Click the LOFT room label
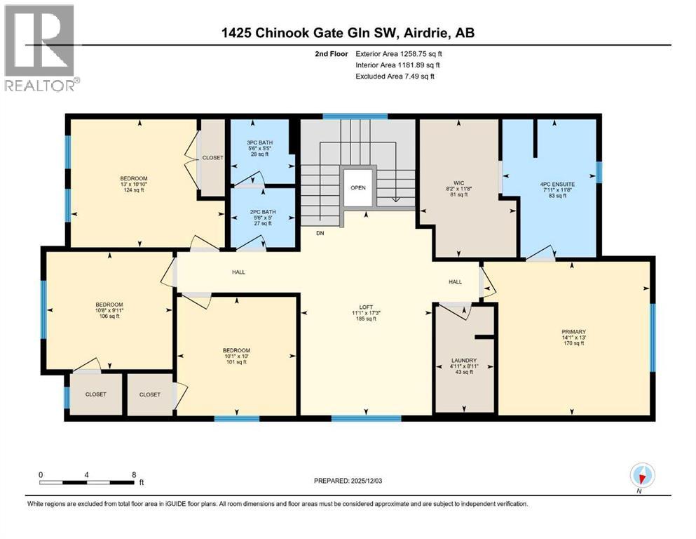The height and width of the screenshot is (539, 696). click(x=366, y=307)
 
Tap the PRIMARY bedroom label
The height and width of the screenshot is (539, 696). click(x=573, y=331)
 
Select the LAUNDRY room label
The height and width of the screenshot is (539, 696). click(x=464, y=360)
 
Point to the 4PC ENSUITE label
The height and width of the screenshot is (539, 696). click(x=557, y=184)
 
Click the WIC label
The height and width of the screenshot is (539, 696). click(x=458, y=183)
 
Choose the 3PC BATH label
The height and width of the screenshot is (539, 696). click(x=259, y=142)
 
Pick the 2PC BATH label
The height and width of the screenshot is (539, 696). click(x=263, y=212)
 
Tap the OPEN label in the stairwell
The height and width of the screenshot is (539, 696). click(x=357, y=187)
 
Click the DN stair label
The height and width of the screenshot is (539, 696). click(x=320, y=233)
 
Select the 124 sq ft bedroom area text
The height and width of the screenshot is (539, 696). click(x=134, y=189)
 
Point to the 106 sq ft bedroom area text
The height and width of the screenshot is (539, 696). click(x=109, y=316)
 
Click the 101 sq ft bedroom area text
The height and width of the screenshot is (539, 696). click(x=236, y=361)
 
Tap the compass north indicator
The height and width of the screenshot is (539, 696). click(x=642, y=477)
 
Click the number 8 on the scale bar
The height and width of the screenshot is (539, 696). click(x=134, y=474)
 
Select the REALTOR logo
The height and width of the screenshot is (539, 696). click(x=42, y=48)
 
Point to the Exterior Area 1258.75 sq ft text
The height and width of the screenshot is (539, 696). click(x=399, y=54)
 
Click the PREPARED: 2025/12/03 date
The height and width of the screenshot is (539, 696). click(x=348, y=481)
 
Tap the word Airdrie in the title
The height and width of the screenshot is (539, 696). click(x=425, y=32)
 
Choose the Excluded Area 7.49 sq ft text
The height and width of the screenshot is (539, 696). click(x=395, y=76)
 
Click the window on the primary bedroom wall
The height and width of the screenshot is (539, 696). click(x=653, y=338)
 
